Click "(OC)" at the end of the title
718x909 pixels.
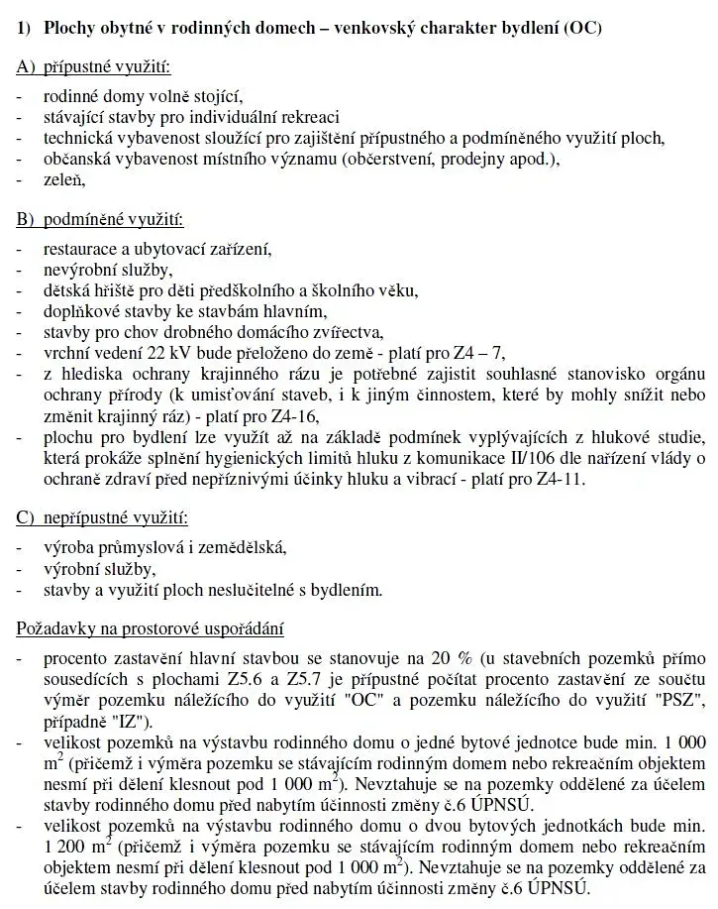tap(580, 28)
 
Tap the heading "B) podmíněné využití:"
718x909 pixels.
tap(99, 219)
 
